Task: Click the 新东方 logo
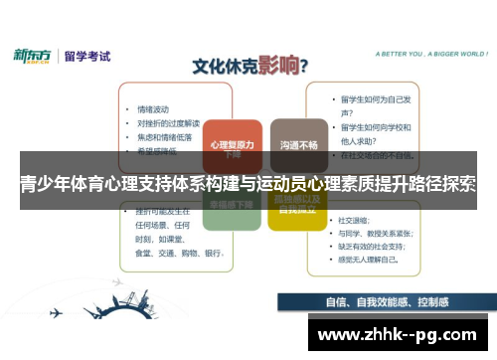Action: click(x=33, y=56)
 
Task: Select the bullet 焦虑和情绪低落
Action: click(x=163, y=136)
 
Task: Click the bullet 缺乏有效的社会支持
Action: click(x=383, y=246)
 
